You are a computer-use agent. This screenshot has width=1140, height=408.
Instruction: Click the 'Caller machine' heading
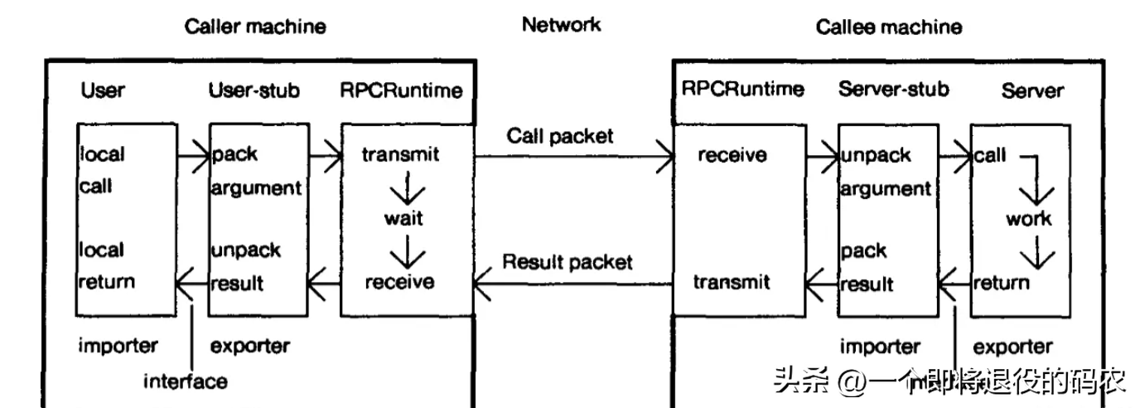(x=254, y=26)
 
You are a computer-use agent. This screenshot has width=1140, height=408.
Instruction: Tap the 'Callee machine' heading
(x=889, y=27)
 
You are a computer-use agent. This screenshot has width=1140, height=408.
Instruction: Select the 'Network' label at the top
(x=561, y=24)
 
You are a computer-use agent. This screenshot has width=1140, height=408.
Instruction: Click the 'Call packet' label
(x=560, y=135)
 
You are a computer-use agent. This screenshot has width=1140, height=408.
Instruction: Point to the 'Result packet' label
(x=568, y=262)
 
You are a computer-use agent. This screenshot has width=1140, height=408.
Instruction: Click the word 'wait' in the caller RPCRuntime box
(x=403, y=218)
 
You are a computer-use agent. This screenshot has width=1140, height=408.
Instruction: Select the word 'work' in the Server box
(x=1028, y=219)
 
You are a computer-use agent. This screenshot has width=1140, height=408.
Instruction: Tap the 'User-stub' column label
(x=252, y=90)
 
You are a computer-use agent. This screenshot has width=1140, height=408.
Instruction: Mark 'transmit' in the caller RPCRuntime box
(x=401, y=154)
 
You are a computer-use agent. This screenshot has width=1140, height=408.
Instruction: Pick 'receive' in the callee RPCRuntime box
(x=732, y=154)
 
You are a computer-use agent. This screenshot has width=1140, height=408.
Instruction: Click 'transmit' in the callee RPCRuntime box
(x=732, y=282)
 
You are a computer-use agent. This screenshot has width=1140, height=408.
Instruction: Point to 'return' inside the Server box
(x=1001, y=283)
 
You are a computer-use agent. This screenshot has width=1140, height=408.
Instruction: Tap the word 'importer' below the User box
(x=118, y=345)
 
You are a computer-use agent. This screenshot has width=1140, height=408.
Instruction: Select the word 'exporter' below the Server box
(x=1012, y=346)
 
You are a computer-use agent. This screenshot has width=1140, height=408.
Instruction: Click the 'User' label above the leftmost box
(x=102, y=90)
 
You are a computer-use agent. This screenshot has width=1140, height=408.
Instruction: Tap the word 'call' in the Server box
(x=990, y=155)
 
